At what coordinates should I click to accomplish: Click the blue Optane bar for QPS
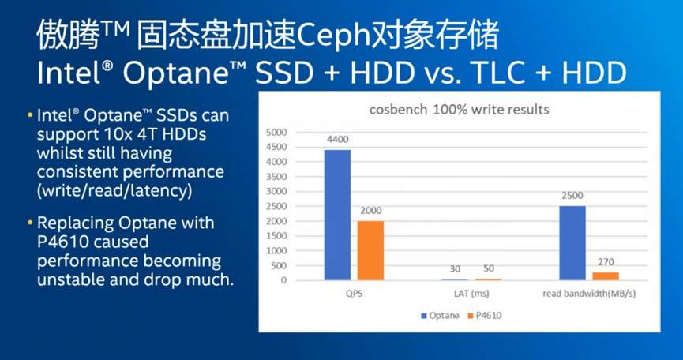pyautogui.click(x=337, y=215)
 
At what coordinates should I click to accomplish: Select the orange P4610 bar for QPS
pyautogui.click(x=370, y=251)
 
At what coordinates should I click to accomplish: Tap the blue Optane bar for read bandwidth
pyautogui.click(x=572, y=243)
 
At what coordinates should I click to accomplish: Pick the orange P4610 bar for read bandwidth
pyautogui.click(x=606, y=276)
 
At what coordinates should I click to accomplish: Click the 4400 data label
pyautogui.click(x=337, y=140)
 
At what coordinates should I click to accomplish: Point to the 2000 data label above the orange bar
pyautogui.click(x=370, y=211)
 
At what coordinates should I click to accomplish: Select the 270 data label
pyautogui.click(x=606, y=262)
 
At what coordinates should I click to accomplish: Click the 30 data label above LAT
pyautogui.click(x=455, y=269)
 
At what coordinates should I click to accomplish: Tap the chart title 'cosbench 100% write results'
pyautogui.click(x=459, y=110)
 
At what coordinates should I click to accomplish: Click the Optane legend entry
pyautogui.click(x=440, y=316)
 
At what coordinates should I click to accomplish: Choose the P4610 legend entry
pyautogui.click(x=484, y=316)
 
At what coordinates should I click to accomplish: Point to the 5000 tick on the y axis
pyautogui.click(x=276, y=132)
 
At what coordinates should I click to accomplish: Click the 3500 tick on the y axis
pyautogui.click(x=276, y=177)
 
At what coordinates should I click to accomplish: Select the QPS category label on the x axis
pyautogui.click(x=354, y=294)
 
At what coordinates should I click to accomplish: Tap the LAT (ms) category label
pyautogui.click(x=471, y=294)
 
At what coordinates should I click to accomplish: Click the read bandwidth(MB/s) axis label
pyautogui.click(x=589, y=294)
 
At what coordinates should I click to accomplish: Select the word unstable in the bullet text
pyautogui.click(x=70, y=279)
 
